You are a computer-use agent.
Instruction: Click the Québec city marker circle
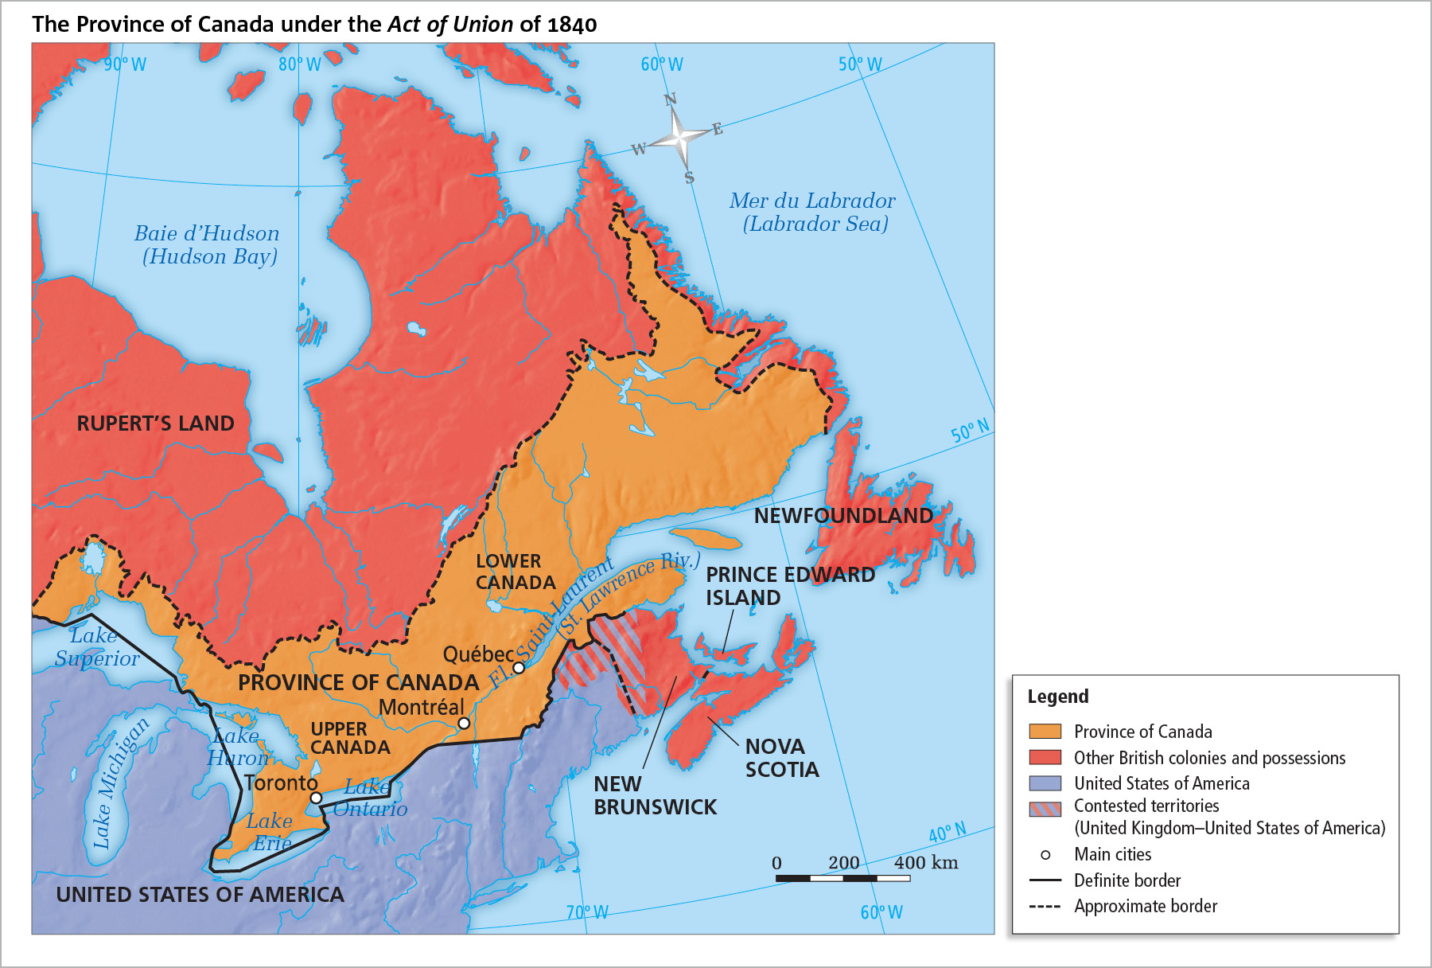[x=519, y=668]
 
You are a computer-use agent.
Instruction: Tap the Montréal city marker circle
[x=464, y=723]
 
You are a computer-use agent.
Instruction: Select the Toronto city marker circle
[x=316, y=798]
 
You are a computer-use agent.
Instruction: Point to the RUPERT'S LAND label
[x=155, y=423]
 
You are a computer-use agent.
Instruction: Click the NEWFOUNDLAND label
[x=843, y=516]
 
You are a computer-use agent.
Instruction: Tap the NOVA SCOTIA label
[x=781, y=758]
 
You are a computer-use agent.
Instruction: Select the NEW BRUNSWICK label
[x=655, y=795]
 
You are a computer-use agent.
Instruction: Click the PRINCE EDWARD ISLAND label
[x=790, y=586]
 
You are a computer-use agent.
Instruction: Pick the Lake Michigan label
[x=120, y=783]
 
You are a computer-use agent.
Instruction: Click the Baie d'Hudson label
[x=207, y=233]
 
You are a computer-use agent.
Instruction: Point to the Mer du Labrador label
[x=812, y=201]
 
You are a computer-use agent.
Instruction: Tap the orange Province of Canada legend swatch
[x=1045, y=732]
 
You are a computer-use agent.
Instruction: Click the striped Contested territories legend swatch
[x=1045, y=809]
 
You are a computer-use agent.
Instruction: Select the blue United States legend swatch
[x=1045, y=783]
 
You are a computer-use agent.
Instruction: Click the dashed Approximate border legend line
[x=1045, y=907]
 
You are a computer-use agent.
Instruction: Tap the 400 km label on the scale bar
[x=925, y=863]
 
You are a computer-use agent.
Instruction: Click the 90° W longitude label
[x=125, y=64]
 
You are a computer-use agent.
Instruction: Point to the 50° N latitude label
[x=970, y=431]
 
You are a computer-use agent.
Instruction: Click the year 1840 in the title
[x=571, y=25]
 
